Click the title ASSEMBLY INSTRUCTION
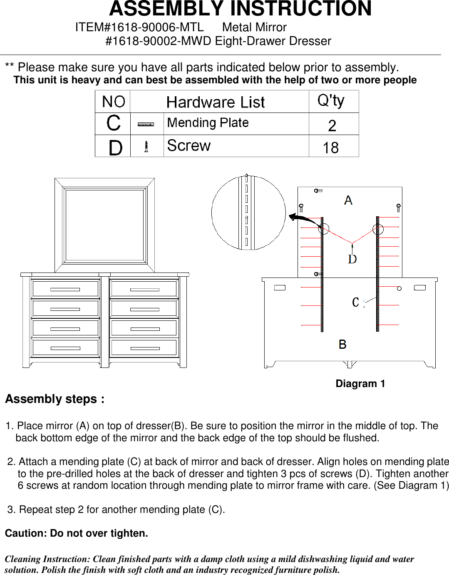coord(240,9)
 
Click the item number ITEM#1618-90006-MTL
coord(139,27)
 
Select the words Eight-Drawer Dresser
coord(273,41)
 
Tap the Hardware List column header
coord(215,102)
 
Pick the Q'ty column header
coord(331,101)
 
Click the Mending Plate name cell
coord(208,123)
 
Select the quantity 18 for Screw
coord(331,148)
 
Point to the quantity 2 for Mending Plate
coord(332,125)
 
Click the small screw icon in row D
coord(146,147)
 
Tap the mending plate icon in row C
coord(146,124)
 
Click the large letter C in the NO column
coord(114,123)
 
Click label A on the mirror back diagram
coord(348,200)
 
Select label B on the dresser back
coord(342,345)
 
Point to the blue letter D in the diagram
coord(352,259)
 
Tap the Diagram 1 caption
coord(360,384)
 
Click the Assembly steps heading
coord(55,399)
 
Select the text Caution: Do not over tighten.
coord(77,533)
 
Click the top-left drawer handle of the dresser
coord(65,289)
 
